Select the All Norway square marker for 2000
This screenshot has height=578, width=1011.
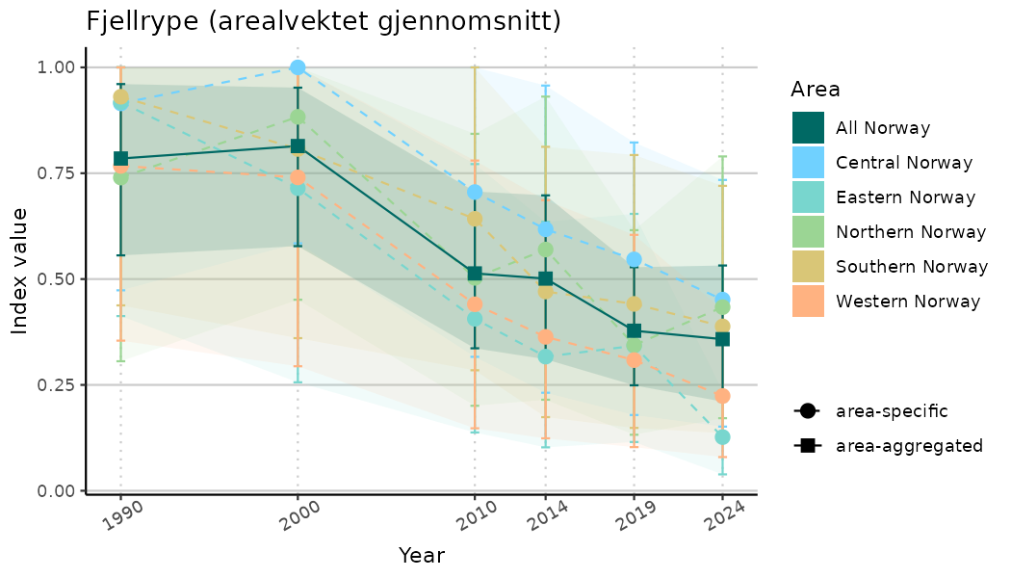coord(298,146)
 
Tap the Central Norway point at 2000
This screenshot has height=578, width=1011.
coord(298,67)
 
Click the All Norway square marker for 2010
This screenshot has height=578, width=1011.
coord(475,274)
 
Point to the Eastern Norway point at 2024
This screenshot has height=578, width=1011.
coord(722,437)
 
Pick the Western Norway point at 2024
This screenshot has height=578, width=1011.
coord(722,396)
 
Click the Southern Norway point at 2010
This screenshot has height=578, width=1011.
coord(475,219)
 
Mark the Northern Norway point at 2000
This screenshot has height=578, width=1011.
coord(298,118)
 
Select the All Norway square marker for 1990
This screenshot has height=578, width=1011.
coord(121,159)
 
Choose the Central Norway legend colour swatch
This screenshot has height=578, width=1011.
coord(808,162)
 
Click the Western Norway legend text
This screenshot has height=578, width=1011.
coord(908,302)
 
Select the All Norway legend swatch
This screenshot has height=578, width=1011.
coord(808,127)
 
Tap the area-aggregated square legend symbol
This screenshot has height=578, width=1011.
coord(806,446)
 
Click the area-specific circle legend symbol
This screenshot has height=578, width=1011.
coord(806,411)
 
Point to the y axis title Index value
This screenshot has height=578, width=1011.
coord(20,270)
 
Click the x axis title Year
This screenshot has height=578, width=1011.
coord(422,556)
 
